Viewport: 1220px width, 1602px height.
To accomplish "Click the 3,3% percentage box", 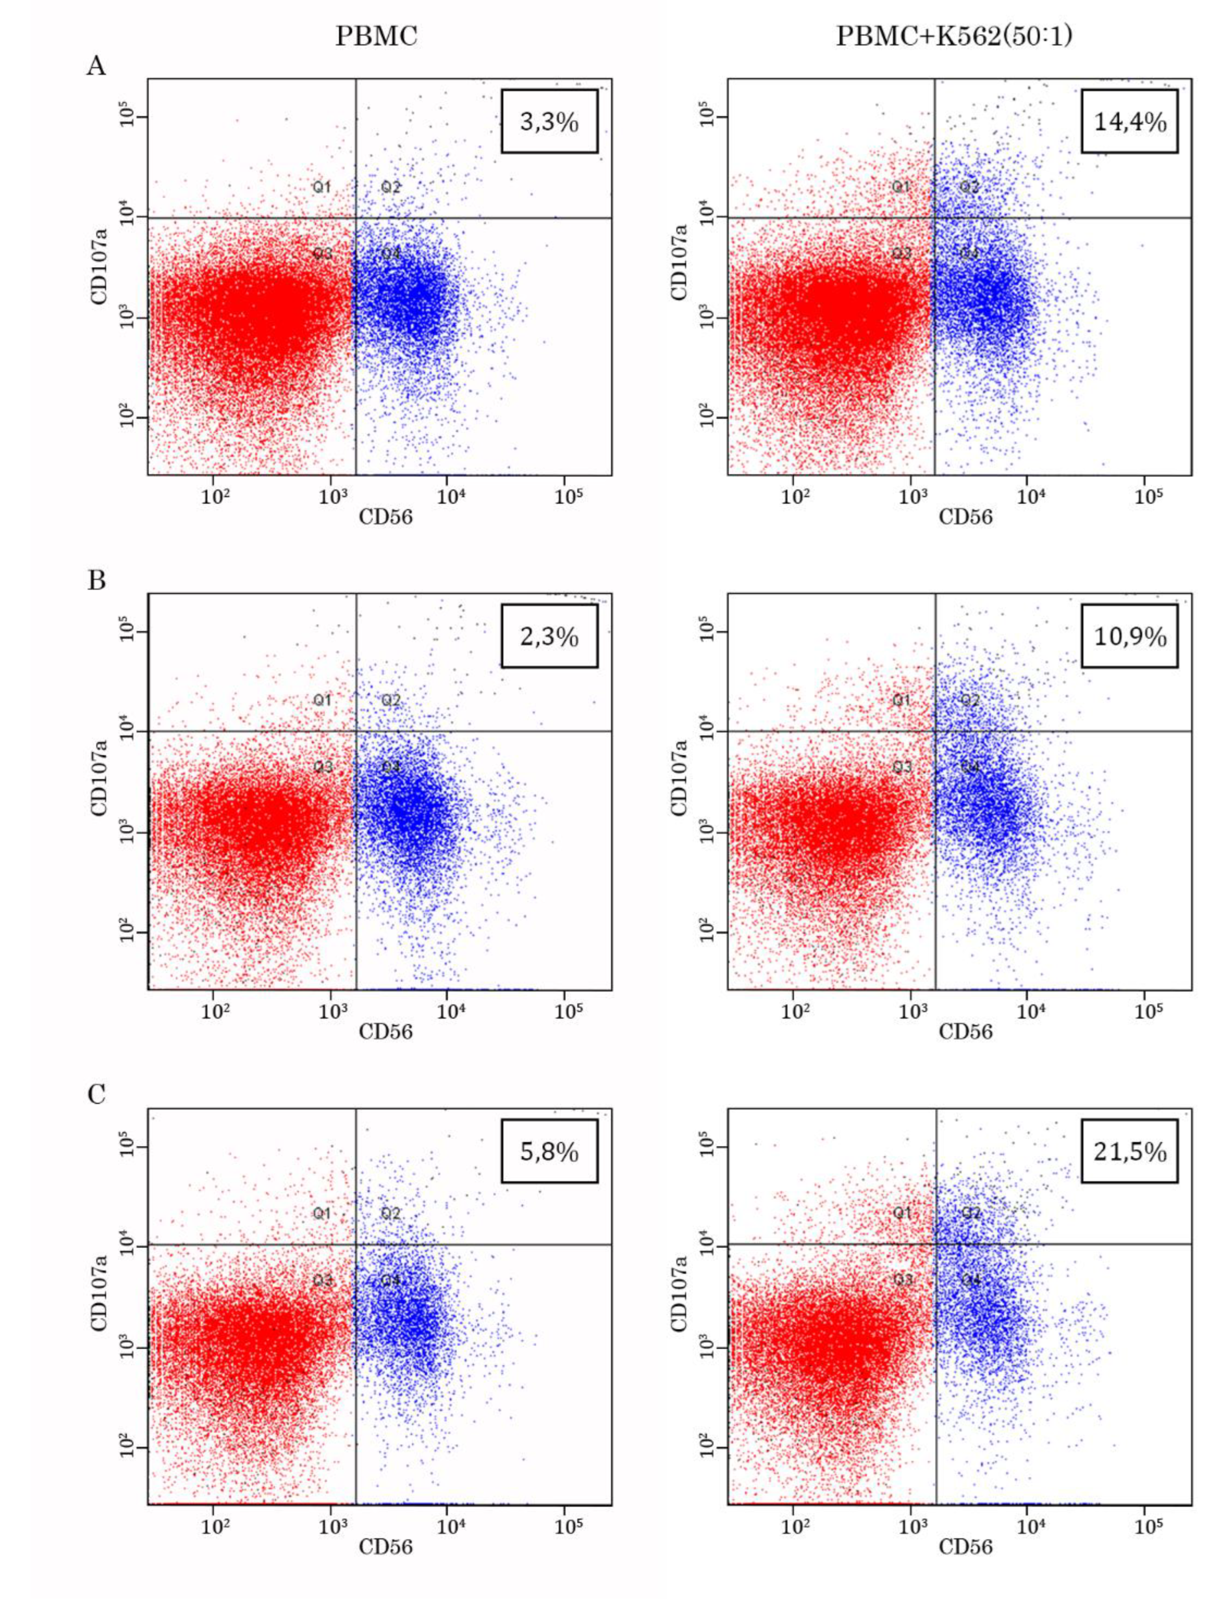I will point(549,121).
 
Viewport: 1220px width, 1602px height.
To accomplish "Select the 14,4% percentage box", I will point(1129,121).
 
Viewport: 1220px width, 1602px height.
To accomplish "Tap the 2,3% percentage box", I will point(549,636).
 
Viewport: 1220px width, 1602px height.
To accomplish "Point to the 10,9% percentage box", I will point(1129,636).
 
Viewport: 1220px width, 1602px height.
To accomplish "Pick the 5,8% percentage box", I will point(549,1151).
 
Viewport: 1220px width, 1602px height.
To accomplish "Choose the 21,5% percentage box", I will point(1129,1151).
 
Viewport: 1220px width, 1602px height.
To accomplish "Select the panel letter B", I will point(96,581).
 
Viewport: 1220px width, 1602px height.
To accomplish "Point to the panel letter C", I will point(96,1095).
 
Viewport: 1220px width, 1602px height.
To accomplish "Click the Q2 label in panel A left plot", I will point(391,187).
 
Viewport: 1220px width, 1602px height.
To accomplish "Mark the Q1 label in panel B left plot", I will point(322,700).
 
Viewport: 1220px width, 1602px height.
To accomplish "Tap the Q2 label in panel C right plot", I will point(971,1213).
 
